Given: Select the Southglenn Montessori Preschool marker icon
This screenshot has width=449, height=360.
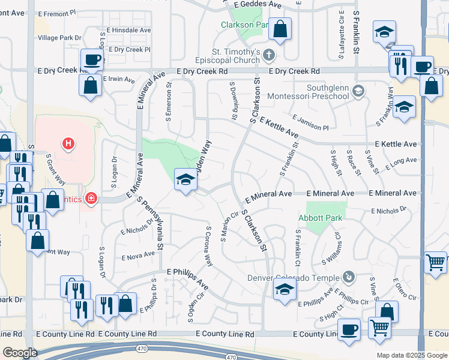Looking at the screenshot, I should [358, 91].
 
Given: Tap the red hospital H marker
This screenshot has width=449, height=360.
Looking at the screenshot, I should [69, 143].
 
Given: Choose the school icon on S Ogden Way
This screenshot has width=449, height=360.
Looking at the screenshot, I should [185, 179].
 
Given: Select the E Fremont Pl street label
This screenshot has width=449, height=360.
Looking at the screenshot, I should [58, 12].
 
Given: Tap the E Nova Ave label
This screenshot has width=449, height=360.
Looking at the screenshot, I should [138, 257].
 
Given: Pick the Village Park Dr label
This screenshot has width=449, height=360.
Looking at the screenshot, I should [59, 38].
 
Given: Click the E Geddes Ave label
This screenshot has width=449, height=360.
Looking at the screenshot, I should [262, 4].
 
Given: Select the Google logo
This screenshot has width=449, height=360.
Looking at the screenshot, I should [20, 353].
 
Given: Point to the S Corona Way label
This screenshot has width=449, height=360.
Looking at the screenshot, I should [209, 246].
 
